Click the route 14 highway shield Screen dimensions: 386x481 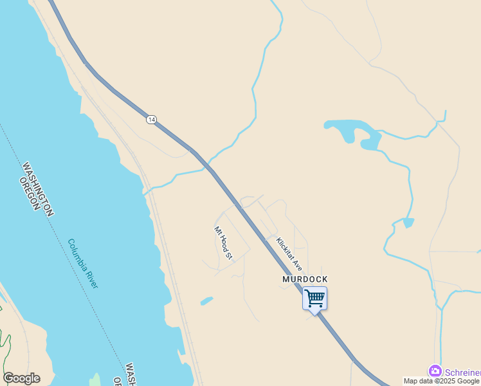pyautogui.click(x=151, y=120)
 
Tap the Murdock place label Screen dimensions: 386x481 pyautogui.click(x=305, y=279)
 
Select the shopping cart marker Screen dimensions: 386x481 pyautogui.click(x=314, y=299)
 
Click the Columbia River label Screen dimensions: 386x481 pyautogui.click(x=83, y=264)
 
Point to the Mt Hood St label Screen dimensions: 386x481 pyautogui.click(x=222, y=243)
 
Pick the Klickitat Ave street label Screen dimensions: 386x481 pyautogui.click(x=289, y=253)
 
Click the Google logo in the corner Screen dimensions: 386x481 pyautogui.click(x=21, y=378)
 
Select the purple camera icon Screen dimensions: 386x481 pyautogui.click(x=435, y=371)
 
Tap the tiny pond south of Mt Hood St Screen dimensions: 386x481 pyautogui.click(x=206, y=300)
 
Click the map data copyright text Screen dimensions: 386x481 pyautogui.click(x=442, y=381)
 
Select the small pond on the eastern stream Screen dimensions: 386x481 pyautogui.click(x=408, y=223)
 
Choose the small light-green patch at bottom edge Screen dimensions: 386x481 pyautogui.click(x=95, y=380)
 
